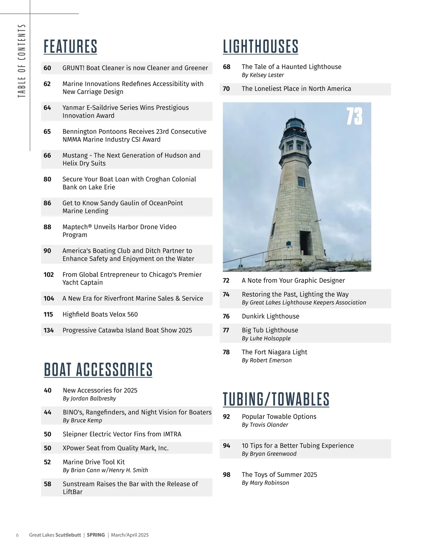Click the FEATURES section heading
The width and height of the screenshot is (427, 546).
click(x=70, y=47)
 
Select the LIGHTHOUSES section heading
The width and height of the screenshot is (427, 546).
click(x=260, y=47)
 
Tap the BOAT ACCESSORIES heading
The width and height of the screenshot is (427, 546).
click(x=98, y=370)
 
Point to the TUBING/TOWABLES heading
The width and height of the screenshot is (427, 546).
click(x=276, y=399)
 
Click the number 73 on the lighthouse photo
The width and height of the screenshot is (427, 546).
click(x=354, y=116)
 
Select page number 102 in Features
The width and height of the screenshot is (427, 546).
click(x=48, y=275)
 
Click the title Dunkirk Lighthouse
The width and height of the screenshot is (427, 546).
click(x=270, y=316)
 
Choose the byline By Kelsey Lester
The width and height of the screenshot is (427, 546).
click(x=263, y=75)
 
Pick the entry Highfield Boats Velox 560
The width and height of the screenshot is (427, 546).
click(x=100, y=314)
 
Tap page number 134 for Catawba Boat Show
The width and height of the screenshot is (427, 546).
click(x=48, y=330)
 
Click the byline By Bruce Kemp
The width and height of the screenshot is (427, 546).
click(x=82, y=420)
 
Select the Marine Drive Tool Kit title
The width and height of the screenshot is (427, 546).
click(x=94, y=462)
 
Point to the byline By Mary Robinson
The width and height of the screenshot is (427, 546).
click(x=265, y=483)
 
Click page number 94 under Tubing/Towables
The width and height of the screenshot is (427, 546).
click(x=226, y=446)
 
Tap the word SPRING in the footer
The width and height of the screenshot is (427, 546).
click(x=96, y=535)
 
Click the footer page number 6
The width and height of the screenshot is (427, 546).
click(x=17, y=535)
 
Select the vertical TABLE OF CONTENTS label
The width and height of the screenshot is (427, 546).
click(x=22, y=61)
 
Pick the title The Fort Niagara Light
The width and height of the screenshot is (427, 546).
click(x=274, y=352)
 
